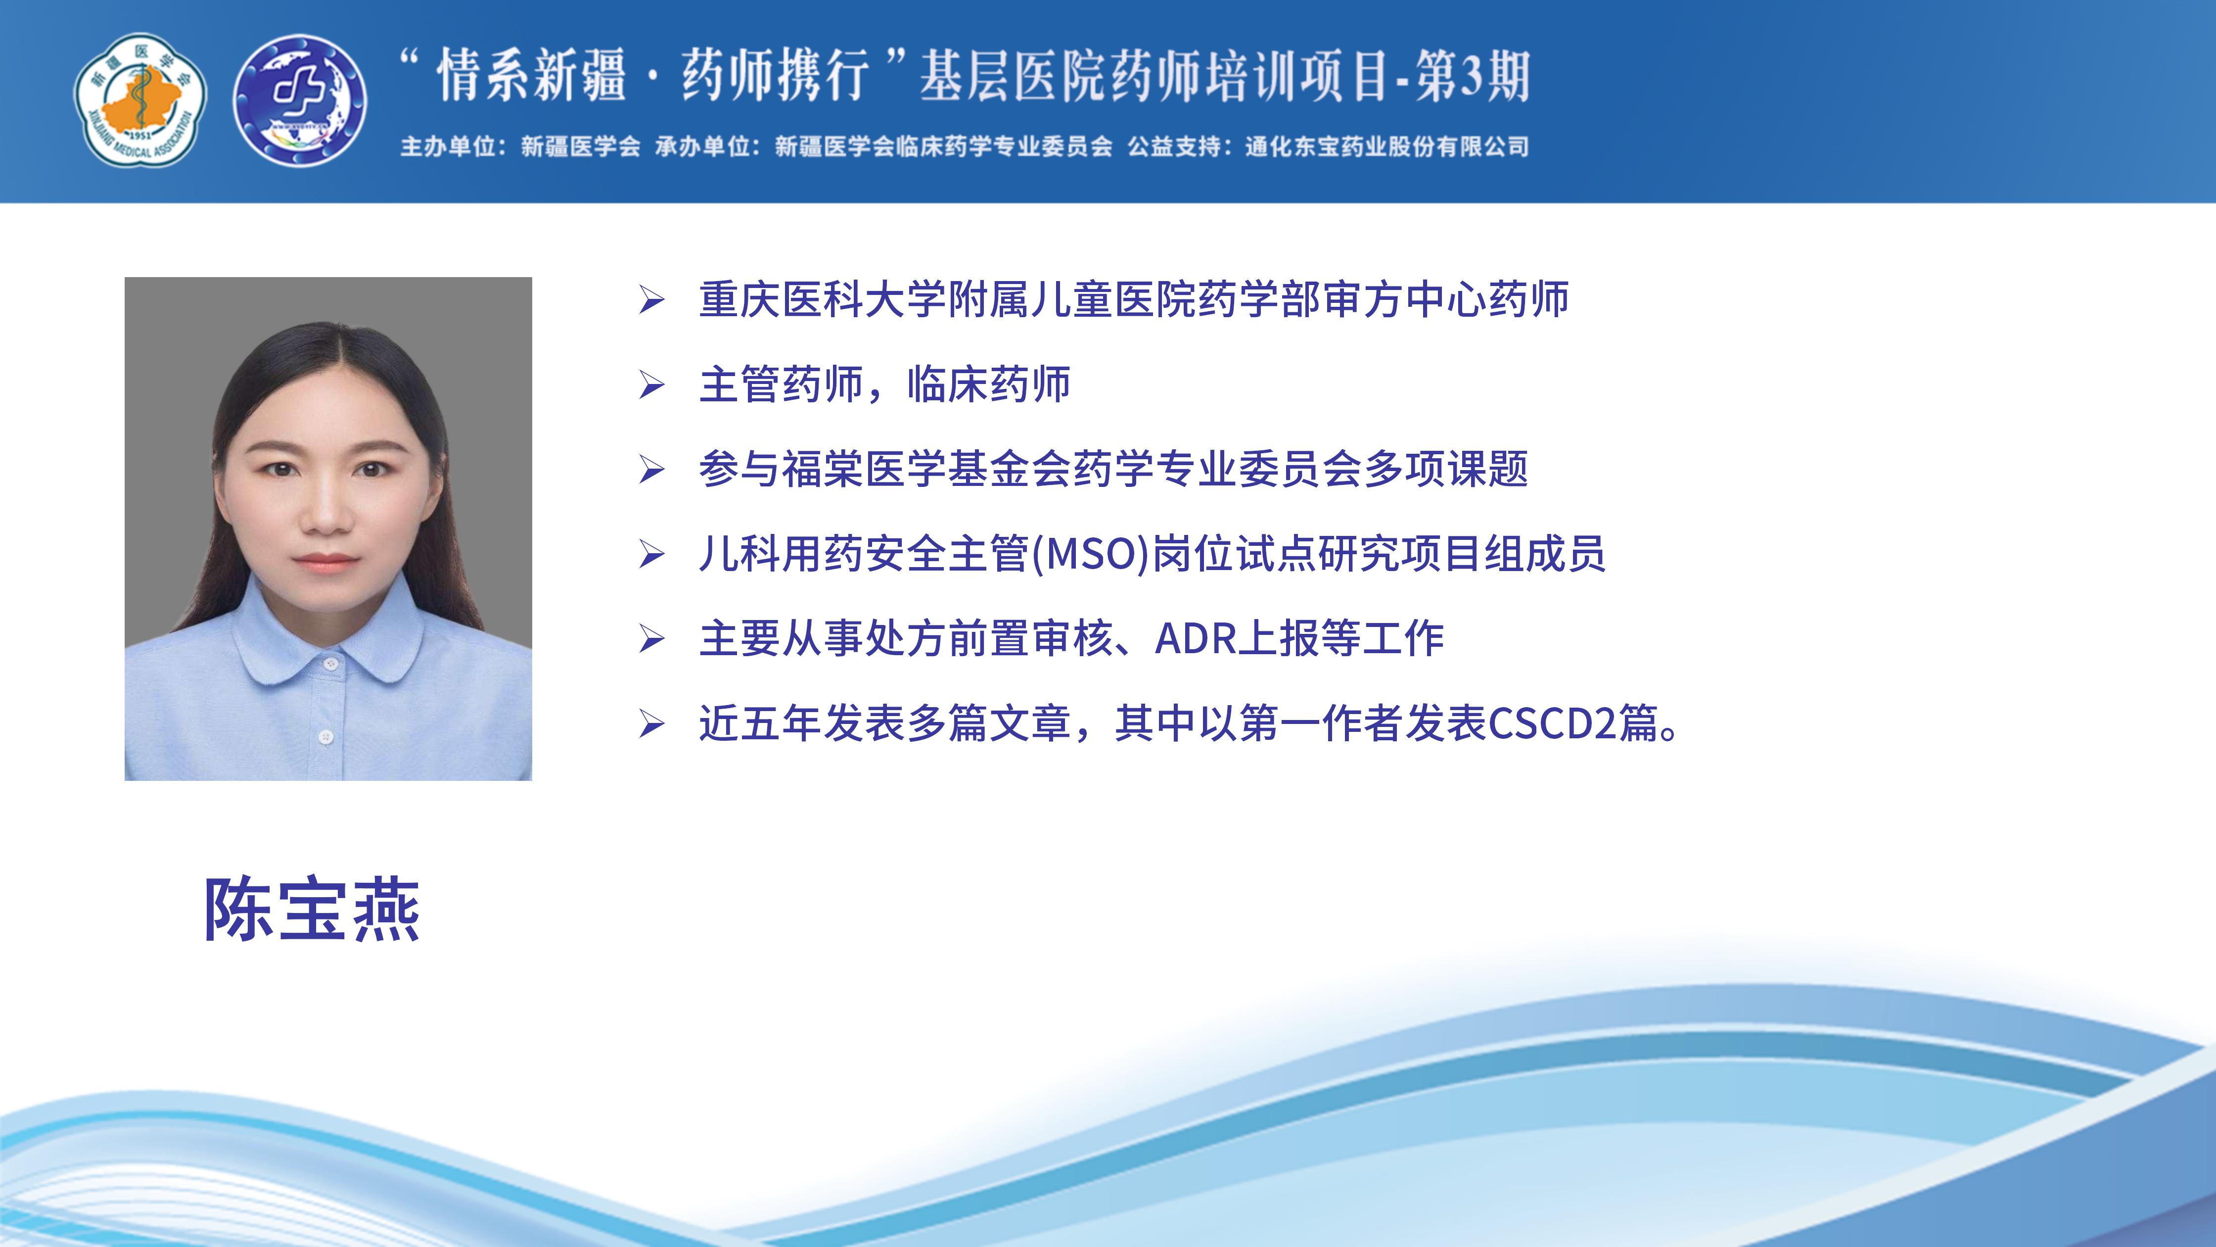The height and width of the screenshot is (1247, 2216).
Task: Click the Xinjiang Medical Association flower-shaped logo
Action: tap(139, 100)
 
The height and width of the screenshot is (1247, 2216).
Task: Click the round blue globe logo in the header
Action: tap(300, 100)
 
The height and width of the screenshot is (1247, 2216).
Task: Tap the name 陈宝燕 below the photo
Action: tap(312, 910)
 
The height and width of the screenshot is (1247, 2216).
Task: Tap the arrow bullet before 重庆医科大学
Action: tap(651, 300)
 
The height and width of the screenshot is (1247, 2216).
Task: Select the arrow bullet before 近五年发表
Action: tap(651, 724)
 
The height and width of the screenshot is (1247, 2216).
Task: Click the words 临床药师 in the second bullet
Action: tap(989, 384)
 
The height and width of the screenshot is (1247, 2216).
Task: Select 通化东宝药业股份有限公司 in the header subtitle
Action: tap(1386, 147)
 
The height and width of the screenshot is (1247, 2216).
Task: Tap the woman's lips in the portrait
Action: tap(326, 561)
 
